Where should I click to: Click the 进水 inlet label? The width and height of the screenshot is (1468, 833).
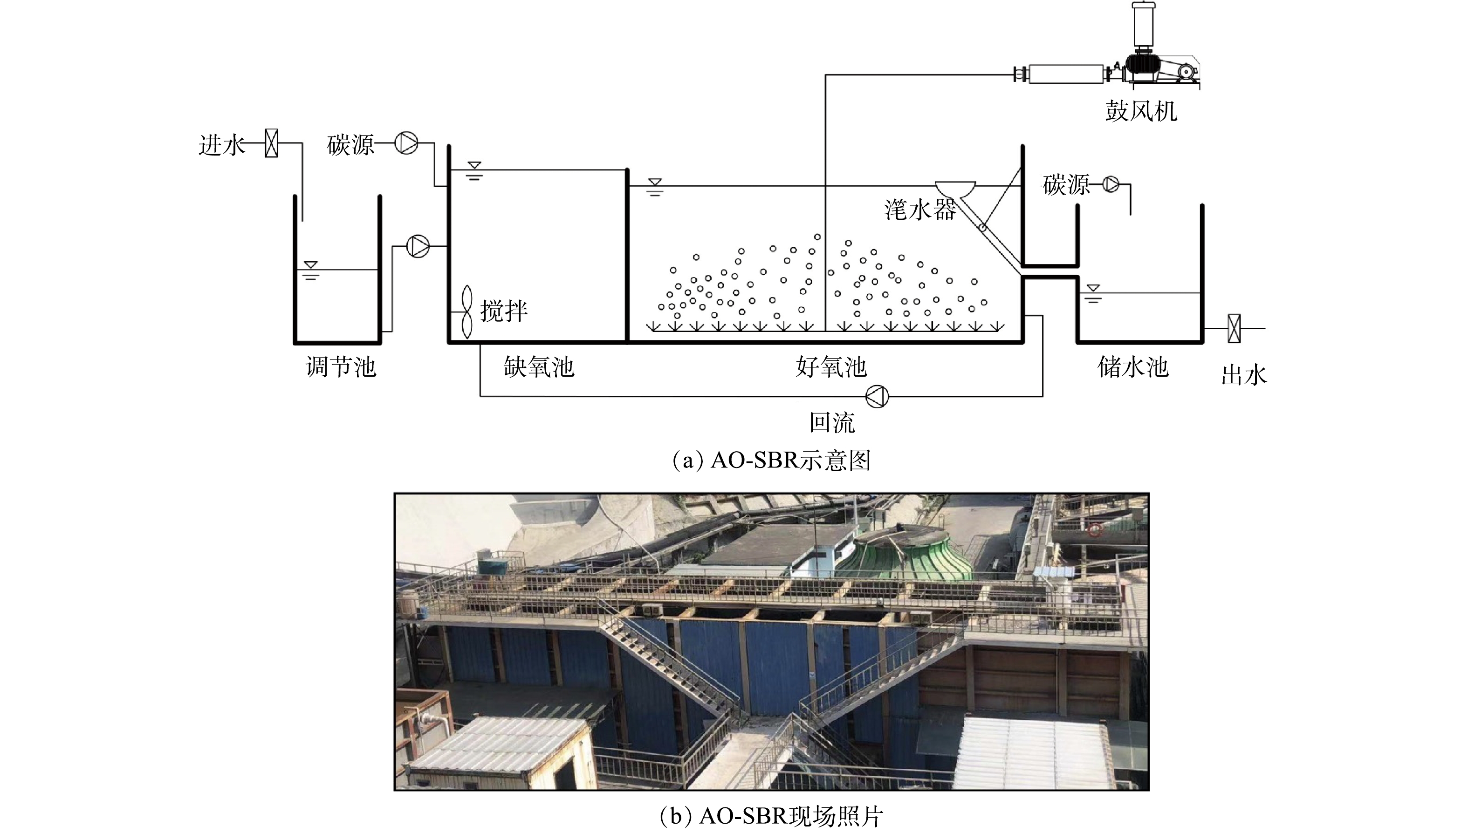[221, 145]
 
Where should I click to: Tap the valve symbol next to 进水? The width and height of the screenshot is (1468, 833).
[271, 143]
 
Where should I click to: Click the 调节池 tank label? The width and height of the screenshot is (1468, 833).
[341, 367]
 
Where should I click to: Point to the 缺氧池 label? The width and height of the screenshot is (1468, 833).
[539, 367]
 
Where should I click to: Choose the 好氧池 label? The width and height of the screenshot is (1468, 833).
[831, 367]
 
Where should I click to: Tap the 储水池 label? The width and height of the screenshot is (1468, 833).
[1132, 367]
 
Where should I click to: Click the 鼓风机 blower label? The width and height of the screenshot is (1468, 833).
[1140, 110]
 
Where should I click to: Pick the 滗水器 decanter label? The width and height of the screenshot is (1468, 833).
[920, 210]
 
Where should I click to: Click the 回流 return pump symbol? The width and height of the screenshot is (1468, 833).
[877, 396]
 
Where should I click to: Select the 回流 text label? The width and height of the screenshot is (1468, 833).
[832, 423]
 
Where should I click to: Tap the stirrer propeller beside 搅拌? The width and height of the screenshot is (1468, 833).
[467, 312]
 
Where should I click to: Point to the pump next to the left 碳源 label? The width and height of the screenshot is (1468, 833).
[406, 142]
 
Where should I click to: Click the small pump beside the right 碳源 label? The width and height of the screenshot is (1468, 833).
[1111, 184]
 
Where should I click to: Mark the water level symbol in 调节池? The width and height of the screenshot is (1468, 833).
[311, 270]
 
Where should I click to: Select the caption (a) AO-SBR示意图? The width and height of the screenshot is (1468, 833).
[771, 460]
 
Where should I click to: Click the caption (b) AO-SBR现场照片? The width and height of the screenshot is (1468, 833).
[771, 816]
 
